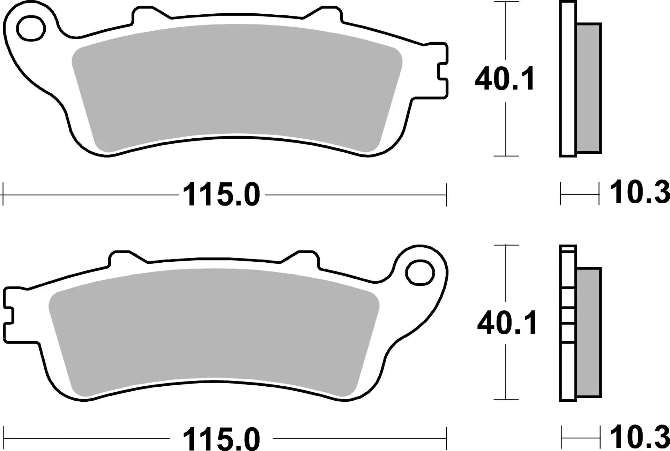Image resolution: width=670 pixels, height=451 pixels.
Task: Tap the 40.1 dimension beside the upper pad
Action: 504,80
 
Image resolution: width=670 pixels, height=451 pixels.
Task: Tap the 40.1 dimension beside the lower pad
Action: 507,324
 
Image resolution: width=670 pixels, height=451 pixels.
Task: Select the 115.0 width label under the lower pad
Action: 221,439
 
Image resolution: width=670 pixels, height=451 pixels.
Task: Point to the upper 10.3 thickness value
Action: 639,193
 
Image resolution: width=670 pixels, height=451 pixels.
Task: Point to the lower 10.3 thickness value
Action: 639,437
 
